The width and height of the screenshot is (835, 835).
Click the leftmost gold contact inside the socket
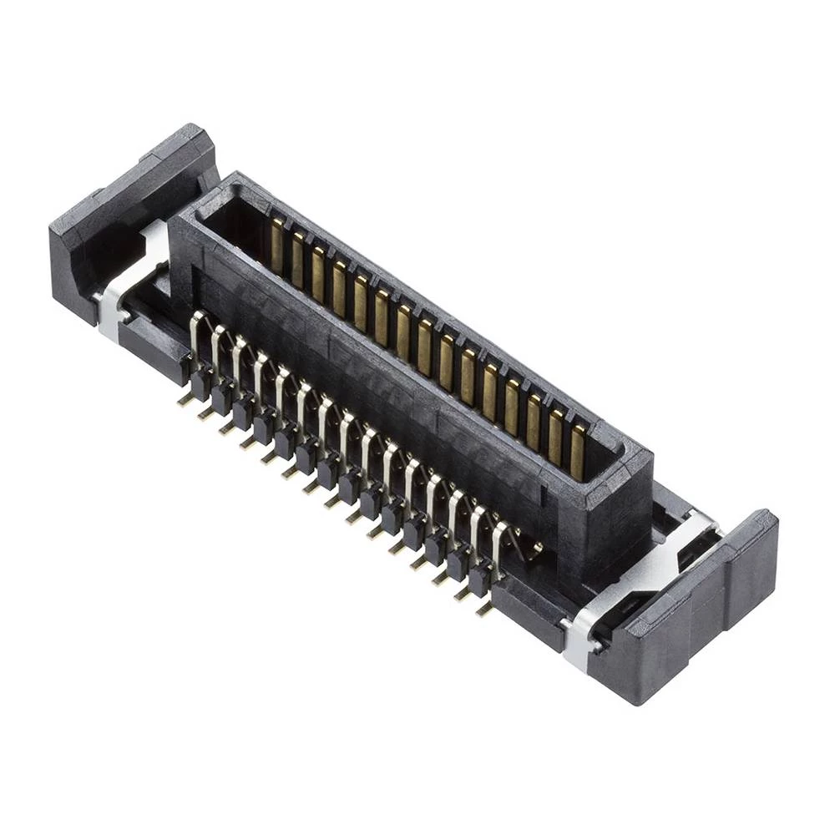coord(276,247)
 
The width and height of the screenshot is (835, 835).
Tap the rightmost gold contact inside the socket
coord(577,451)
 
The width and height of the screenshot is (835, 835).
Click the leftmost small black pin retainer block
coord(200,382)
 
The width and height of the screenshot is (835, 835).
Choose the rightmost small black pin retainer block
coord(479,576)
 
